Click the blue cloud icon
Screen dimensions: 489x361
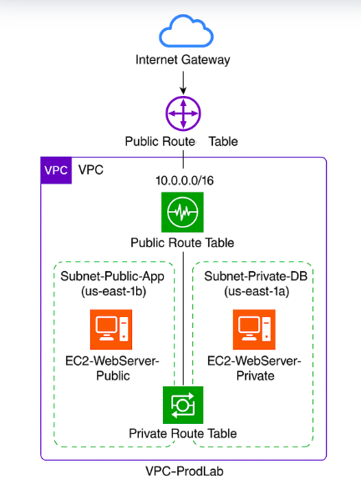point(180,32)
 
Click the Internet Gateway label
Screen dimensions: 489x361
point(180,60)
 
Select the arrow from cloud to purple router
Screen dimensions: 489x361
point(180,82)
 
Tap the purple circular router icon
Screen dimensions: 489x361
point(180,112)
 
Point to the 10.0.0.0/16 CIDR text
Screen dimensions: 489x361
point(181,181)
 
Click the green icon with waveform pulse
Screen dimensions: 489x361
point(181,213)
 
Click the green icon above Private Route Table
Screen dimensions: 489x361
point(181,405)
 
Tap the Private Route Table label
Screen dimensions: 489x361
point(181,434)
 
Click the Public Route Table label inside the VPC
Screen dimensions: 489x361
point(181,243)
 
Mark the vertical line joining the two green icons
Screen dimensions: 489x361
point(181,317)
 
